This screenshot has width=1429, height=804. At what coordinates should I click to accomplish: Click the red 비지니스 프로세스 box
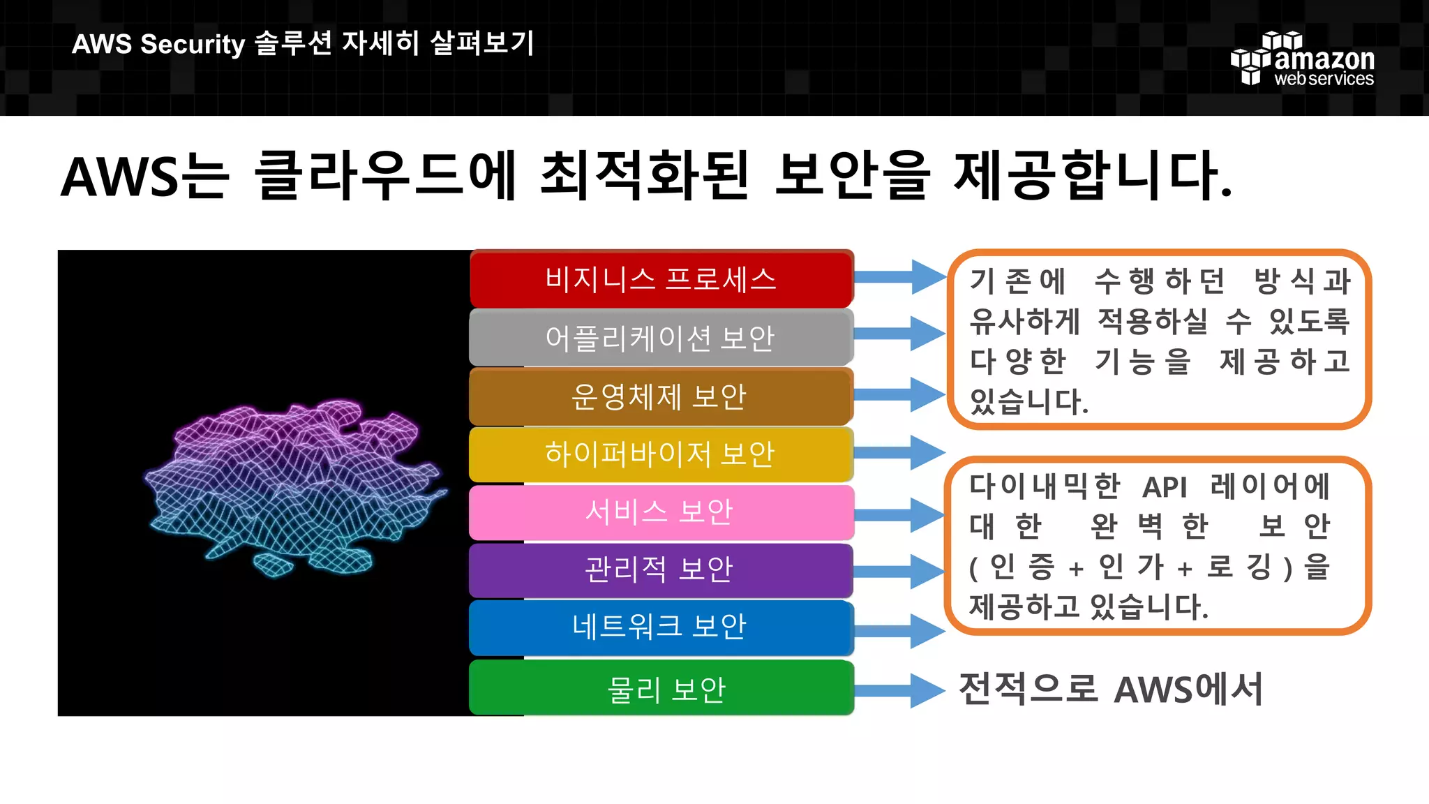point(661,278)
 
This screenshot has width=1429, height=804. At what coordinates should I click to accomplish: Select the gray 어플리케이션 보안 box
point(661,338)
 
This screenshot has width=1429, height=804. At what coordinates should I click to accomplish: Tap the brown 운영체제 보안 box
point(661,396)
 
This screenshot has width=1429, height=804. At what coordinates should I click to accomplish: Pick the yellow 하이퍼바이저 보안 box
point(661,454)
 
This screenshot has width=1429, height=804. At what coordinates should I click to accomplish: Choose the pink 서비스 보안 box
point(661,512)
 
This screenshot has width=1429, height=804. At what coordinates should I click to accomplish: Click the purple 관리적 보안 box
point(661,569)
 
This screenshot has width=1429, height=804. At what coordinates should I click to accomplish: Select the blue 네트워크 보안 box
point(661,627)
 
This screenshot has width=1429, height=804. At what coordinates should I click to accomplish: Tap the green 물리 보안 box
point(661,690)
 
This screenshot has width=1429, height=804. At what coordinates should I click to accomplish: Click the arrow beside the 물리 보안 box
point(900,691)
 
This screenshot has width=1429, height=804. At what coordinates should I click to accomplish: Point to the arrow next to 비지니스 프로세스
point(900,277)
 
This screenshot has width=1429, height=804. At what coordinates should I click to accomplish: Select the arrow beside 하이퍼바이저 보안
point(900,452)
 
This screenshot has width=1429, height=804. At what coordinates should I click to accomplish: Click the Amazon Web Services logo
point(1303,60)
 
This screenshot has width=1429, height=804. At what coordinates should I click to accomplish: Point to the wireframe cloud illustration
point(294,486)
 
